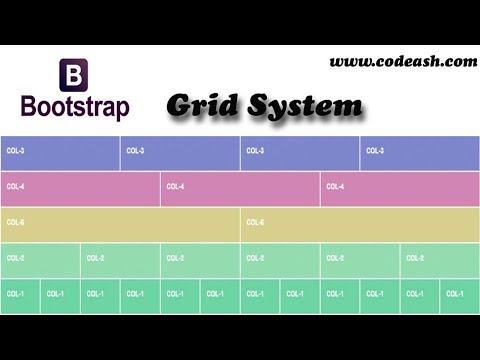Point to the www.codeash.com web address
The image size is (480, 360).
[403, 61]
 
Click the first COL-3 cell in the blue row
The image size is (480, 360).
[60, 151]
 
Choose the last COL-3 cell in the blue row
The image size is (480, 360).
[420, 151]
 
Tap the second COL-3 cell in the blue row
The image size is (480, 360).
[180, 151]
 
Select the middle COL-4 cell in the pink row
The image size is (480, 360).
[240, 187]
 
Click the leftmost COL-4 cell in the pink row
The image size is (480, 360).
[80, 187]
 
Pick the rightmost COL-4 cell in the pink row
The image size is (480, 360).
[400, 187]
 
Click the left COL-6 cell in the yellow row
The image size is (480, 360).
[120, 223]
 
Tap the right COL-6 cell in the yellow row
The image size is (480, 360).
[360, 223]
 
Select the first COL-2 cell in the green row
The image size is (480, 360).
[40, 259]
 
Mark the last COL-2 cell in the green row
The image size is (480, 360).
[440, 259]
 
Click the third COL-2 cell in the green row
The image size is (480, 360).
[200, 259]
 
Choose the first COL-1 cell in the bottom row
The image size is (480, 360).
[20, 294]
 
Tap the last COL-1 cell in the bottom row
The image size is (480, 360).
[460, 294]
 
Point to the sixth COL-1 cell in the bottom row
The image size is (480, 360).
[220, 294]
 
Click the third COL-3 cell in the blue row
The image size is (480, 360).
[300, 151]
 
